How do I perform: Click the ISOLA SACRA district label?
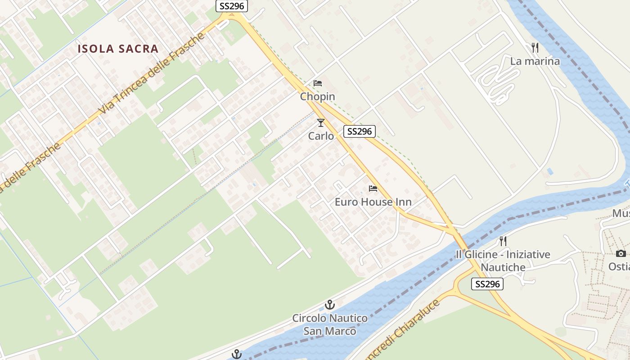pos(118,49)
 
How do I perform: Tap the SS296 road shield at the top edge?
pos(232,6)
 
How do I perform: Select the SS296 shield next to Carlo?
pos(360,131)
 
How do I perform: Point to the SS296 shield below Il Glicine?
pos(487,284)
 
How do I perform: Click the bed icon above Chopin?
pos(318,83)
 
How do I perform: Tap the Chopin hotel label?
pos(318,96)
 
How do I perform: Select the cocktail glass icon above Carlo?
pos(321,123)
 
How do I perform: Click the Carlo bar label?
pos(321,136)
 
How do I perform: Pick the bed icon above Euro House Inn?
pos(373,188)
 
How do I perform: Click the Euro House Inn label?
pos(373,202)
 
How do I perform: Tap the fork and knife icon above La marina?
pos(535,48)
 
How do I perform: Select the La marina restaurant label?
pos(535,61)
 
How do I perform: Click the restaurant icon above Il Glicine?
pos(503,241)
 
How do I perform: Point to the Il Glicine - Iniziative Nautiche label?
pos(503,261)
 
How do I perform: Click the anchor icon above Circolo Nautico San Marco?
pos(330,305)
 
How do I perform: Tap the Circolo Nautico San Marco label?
pos(330,324)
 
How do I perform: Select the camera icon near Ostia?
pos(621,253)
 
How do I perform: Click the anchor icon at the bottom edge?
pos(237,355)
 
